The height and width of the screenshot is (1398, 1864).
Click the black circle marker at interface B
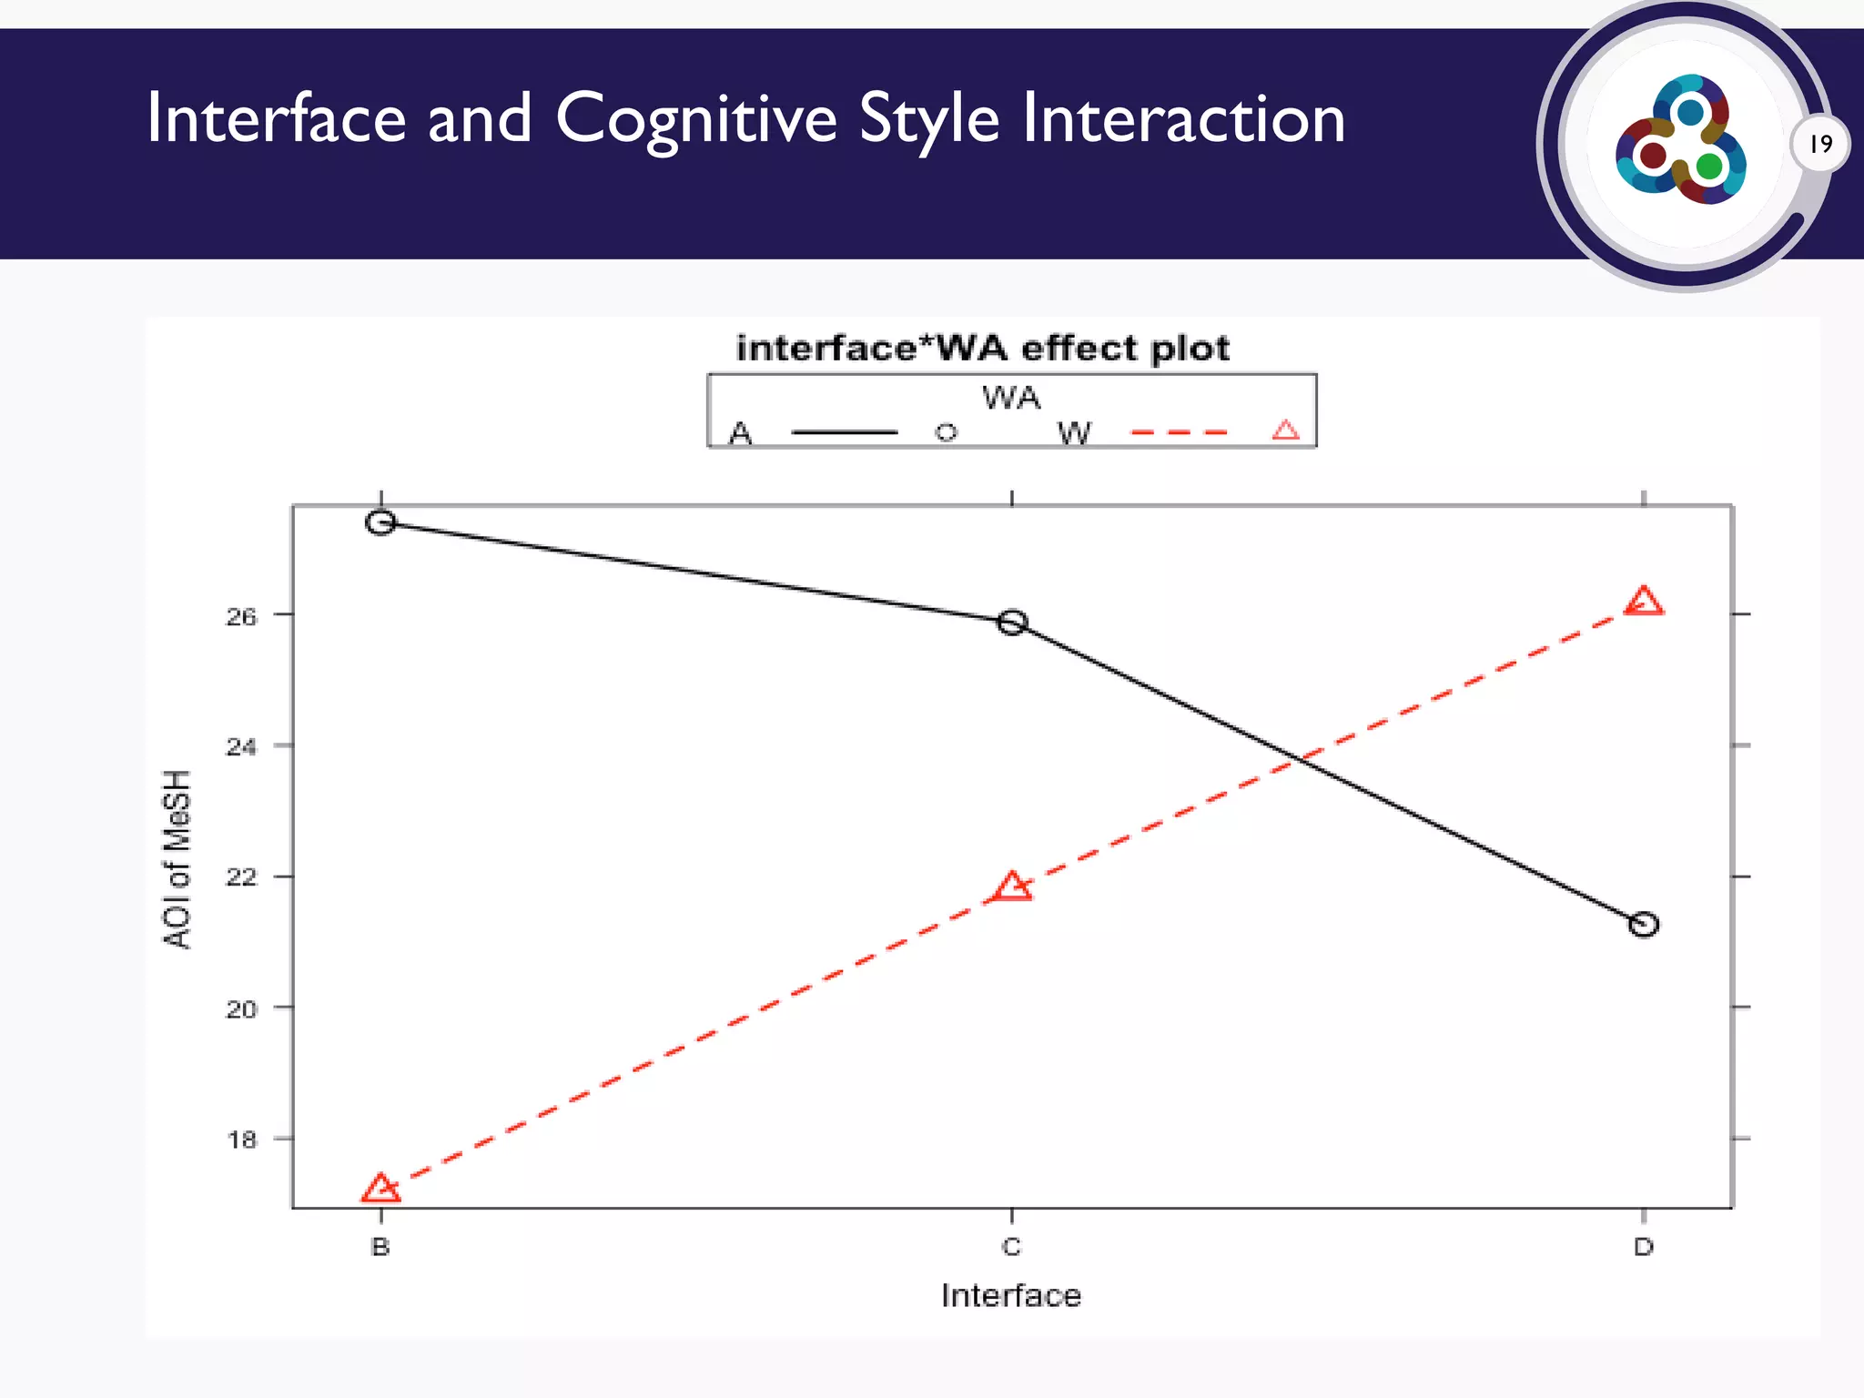pos(381,522)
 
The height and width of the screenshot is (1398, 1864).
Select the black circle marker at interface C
pos(1012,623)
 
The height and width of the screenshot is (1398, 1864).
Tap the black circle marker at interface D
pos(1644,925)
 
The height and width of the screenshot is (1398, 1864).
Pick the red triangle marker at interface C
pos(1012,886)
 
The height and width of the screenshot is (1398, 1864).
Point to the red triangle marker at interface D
pos(1644,603)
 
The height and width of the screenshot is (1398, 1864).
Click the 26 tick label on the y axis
pos(241,617)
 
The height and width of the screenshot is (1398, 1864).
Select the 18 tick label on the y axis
pos(241,1140)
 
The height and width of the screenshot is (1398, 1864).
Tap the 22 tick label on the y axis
pos(241,878)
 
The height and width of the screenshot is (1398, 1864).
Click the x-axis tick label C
pos(1011,1247)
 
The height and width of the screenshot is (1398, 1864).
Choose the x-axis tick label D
pos(1644,1247)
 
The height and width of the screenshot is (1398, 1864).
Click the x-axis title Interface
pos(1011,1295)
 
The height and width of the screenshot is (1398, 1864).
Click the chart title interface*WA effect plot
pos(983,349)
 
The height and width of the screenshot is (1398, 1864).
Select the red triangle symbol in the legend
pos(1285,431)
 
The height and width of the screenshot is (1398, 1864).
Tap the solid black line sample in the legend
pos(845,432)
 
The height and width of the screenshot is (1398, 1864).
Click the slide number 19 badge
pos(1820,144)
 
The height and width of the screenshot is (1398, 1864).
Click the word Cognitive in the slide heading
pos(695,118)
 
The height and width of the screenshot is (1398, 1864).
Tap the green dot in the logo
pos(1709,167)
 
